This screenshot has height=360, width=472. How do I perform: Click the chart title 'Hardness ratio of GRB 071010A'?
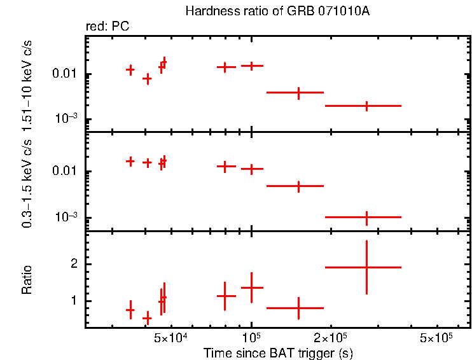275,11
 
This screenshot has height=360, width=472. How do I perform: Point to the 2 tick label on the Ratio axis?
74,264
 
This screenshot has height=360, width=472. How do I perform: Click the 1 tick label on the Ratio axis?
74,301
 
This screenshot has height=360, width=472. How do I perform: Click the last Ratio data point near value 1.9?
366,267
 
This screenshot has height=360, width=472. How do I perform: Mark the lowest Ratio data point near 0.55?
147,318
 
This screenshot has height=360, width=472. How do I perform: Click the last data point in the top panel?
366,106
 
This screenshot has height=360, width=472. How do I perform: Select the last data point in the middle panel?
366,217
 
